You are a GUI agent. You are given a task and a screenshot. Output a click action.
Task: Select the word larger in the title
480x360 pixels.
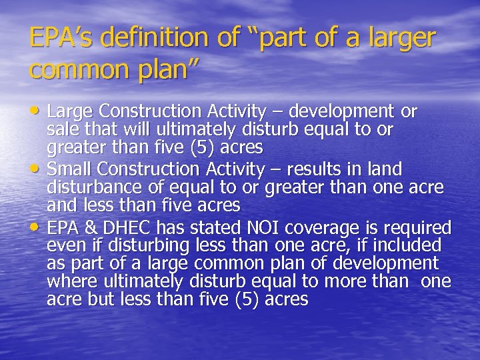point(400,39)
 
